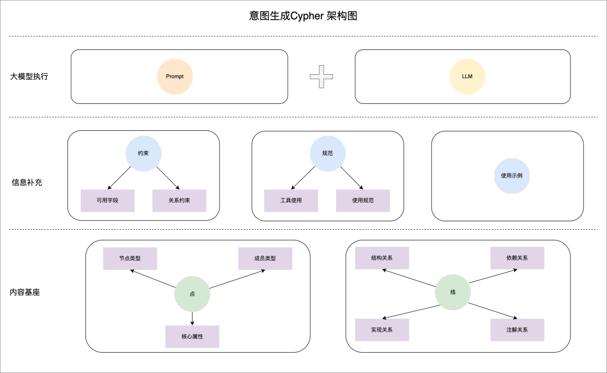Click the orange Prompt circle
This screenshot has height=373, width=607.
click(x=175, y=76)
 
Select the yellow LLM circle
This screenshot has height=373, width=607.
click(x=467, y=76)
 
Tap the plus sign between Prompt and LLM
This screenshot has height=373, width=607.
click(x=321, y=76)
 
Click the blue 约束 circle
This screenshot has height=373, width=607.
click(x=143, y=153)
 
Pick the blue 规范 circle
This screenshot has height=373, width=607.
click(x=327, y=153)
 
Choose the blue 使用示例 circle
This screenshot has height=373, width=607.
click(x=511, y=176)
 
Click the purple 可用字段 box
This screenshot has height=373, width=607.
click(x=107, y=201)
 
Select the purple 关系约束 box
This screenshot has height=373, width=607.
click(x=179, y=201)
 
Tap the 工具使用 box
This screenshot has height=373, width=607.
click(x=291, y=201)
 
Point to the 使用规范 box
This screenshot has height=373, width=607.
click(x=363, y=201)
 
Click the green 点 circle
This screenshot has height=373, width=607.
click(x=192, y=294)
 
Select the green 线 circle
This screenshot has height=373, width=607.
click(x=453, y=293)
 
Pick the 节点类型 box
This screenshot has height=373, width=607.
click(x=130, y=258)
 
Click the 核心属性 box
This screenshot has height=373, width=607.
click(x=192, y=336)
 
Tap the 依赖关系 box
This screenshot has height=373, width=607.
click(x=517, y=258)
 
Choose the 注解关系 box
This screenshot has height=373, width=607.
click(x=517, y=330)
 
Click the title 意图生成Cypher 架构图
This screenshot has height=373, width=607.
click(x=303, y=16)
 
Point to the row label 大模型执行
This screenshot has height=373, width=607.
click(x=29, y=76)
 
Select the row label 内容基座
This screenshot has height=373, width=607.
click(x=25, y=293)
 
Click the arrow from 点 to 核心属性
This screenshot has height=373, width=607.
click(x=192, y=318)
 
